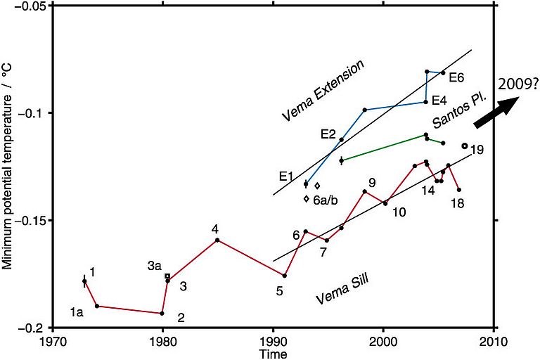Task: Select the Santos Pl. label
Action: coord(451,112)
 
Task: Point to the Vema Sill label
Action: coord(342,289)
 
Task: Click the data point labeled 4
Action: coord(217,240)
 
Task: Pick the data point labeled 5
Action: coord(284,276)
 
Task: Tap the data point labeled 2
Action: coord(162,314)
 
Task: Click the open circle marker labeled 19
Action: coord(465,146)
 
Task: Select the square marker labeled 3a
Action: coord(167,276)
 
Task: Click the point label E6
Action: coord(456,77)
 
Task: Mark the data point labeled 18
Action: coord(459,190)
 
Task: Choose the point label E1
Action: coord(286,176)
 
